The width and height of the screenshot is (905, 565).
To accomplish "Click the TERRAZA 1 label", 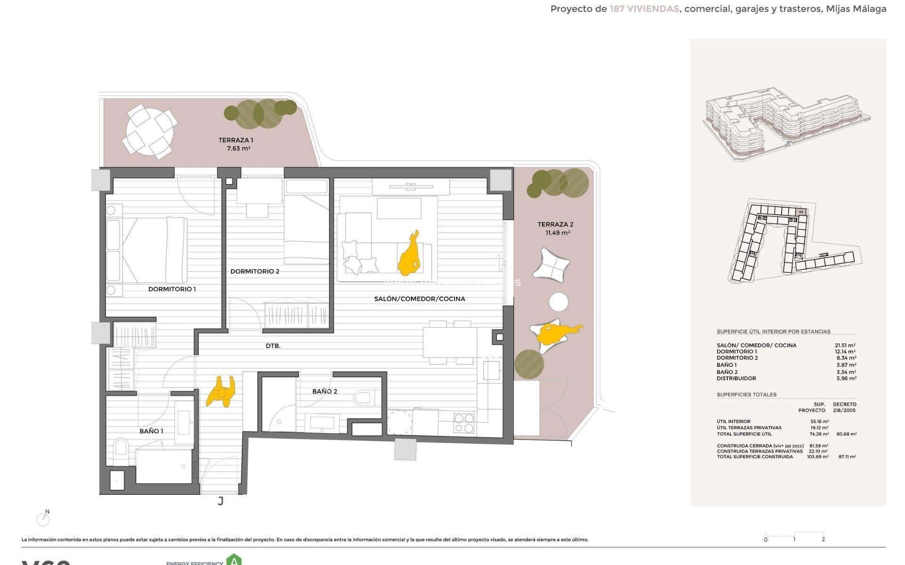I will (x=236, y=140).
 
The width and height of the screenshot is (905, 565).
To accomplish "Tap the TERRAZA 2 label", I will (x=555, y=225).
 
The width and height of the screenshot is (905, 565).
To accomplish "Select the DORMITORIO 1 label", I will (x=172, y=289).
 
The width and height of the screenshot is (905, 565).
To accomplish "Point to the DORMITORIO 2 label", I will (x=255, y=271).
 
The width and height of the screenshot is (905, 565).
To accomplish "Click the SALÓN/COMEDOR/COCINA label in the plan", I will (x=420, y=299).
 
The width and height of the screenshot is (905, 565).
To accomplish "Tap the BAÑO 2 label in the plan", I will (x=325, y=391).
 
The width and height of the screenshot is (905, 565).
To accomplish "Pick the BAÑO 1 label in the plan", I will (x=151, y=431).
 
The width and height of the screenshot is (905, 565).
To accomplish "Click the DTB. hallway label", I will (x=273, y=346).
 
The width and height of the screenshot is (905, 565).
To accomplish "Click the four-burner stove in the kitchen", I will (x=463, y=423).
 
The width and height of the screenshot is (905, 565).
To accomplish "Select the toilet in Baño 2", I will (x=363, y=398).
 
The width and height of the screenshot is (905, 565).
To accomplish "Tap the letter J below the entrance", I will (x=221, y=501).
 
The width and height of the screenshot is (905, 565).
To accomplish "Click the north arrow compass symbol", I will (x=43, y=519).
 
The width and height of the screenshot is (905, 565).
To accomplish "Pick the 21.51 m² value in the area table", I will (x=845, y=346).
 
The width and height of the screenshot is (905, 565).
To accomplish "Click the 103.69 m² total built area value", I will (x=817, y=457).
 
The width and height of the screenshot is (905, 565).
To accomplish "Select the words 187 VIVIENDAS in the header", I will (x=644, y=9).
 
